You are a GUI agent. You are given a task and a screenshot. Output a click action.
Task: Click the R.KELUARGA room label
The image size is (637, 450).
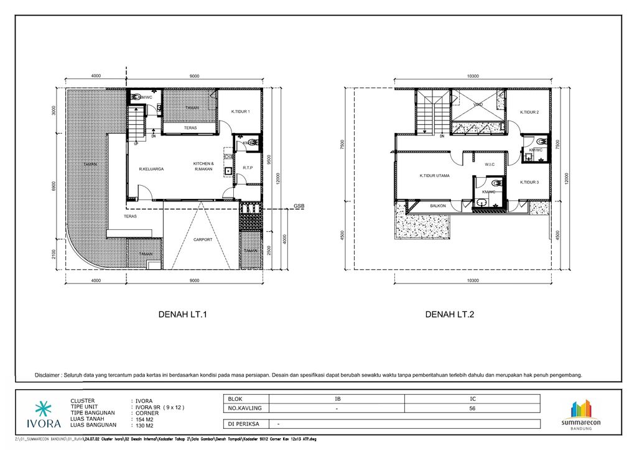[151, 168]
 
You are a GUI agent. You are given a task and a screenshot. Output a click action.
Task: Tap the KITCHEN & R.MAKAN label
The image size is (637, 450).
[203, 166]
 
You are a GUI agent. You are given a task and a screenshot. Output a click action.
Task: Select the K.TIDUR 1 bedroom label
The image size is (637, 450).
[240, 111]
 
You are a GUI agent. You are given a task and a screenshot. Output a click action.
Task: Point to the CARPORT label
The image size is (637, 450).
[203, 239]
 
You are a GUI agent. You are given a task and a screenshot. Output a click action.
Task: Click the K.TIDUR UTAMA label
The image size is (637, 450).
[434, 175]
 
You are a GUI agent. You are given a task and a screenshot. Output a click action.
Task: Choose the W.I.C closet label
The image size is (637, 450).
[490, 165]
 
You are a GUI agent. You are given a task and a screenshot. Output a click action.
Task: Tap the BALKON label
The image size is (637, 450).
[439, 205]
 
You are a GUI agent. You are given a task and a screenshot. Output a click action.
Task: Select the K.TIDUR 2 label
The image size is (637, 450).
[529, 112]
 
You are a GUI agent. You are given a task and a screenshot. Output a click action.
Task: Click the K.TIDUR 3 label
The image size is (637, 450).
[529, 182]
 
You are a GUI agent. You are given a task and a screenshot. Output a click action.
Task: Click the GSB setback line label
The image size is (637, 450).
[299, 206]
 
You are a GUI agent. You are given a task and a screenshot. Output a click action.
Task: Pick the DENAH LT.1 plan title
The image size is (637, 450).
[183, 315]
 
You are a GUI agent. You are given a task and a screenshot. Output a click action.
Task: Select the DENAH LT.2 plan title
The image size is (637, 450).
[450, 315]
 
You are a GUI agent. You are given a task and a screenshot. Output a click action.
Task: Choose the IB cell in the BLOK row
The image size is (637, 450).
[337, 398]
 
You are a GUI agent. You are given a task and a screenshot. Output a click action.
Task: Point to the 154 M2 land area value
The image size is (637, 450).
[145, 419]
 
